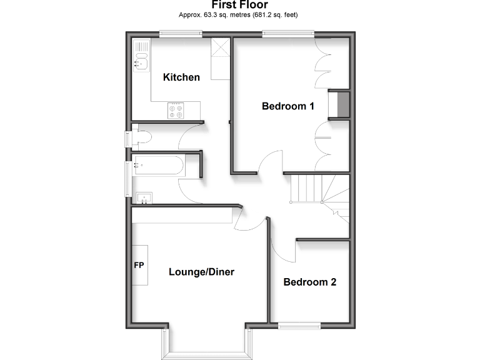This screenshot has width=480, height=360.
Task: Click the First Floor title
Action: pyautogui.click(x=239, y=6)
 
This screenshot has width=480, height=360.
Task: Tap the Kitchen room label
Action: pyautogui.click(x=181, y=77)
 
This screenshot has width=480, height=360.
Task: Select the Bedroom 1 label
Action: pyautogui.click(x=287, y=106)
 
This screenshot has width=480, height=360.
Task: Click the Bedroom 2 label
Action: pyautogui.click(x=310, y=282)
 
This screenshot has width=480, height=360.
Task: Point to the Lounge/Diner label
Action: pyautogui.click(x=201, y=272)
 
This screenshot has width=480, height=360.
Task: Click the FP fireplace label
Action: pyautogui.click(x=139, y=265)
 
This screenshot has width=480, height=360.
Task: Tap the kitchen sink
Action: pyautogui.click(x=141, y=55)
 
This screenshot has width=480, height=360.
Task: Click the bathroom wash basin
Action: pyautogui.click(x=144, y=198)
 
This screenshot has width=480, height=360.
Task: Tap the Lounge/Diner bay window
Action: pyautogui.click(x=207, y=347)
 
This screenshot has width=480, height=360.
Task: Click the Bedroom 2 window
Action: pyautogui.click(x=298, y=324)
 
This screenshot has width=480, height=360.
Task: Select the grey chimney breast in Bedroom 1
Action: pyautogui.click(x=342, y=104)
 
